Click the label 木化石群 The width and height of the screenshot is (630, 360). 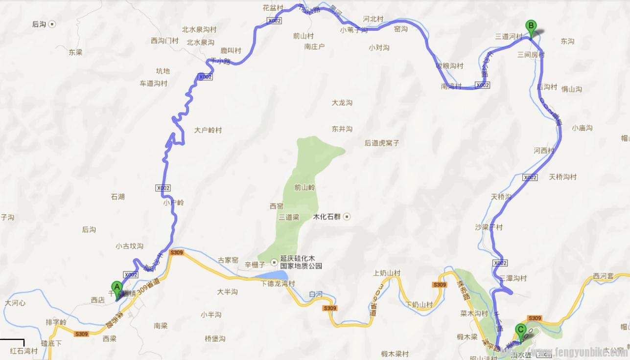tap(327, 217)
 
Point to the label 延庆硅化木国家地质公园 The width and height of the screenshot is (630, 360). tap(301, 262)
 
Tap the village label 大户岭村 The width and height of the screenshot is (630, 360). tap(208, 131)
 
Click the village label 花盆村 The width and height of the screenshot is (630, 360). tap(273, 8)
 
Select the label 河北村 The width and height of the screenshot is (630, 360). tap(373, 19)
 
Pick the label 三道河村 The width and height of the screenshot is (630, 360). tap(509, 37)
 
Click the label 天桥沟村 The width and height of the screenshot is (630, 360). tap(563, 177)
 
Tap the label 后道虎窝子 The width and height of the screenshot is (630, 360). tap(382, 143)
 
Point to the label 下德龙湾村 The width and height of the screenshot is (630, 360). tap(278, 284)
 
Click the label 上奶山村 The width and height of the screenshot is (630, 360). tap(387, 273)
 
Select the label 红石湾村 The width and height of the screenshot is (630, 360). tap(23, 351)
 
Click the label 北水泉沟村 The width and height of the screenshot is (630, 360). tap(199, 30)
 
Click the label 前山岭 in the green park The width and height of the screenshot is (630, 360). tap(305, 187)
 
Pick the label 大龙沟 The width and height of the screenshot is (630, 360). tap(342, 103)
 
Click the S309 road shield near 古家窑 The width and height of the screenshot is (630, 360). tap(176, 253)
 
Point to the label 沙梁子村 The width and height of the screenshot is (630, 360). tap(489, 227)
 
